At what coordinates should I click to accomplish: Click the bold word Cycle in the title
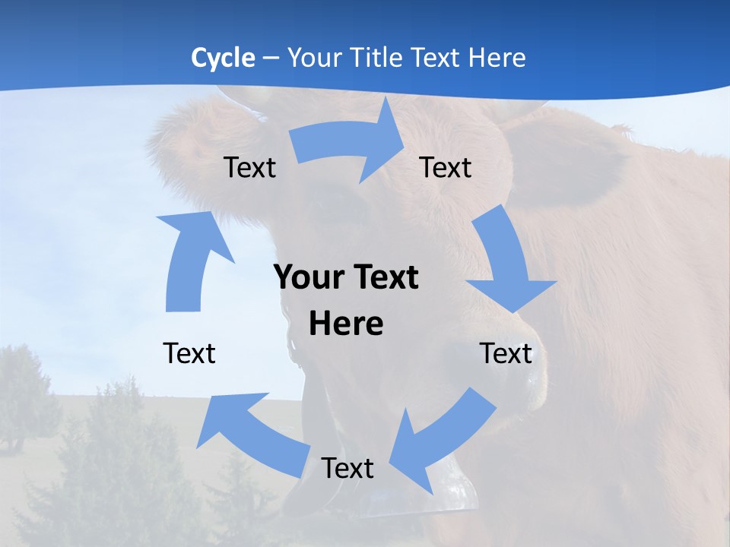[223, 58]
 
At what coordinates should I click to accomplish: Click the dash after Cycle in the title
[270, 58]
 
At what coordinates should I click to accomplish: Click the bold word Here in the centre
[346, 324]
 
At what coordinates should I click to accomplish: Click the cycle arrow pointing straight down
[506, 262]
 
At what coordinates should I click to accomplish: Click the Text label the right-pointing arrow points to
[446, 167]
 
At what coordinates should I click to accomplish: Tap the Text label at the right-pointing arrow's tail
[249, 167]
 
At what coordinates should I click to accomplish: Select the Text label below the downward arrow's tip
[506, 353]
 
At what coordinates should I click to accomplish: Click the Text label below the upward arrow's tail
[189, 353]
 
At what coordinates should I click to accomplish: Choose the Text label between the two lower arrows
[348, 468]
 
